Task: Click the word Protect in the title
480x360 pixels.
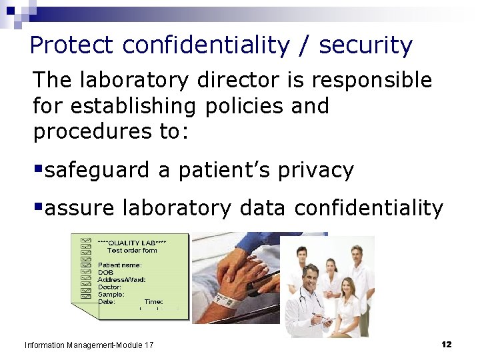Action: (72, 45)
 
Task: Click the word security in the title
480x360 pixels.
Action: (366, 45)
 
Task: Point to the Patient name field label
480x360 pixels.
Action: (120, 265)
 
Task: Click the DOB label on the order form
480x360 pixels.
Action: (105, 273)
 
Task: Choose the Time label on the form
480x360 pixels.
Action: (153, 302)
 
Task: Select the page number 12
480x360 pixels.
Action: (446, 344)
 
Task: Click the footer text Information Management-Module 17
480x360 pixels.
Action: (89, 345)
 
